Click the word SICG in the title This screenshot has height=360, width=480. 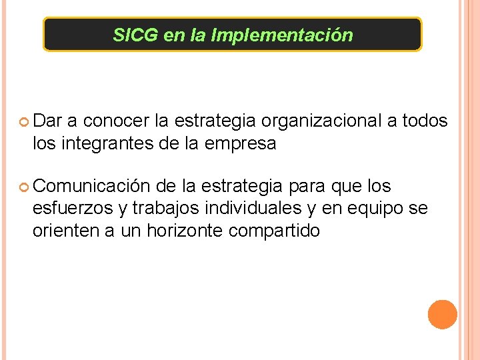136,35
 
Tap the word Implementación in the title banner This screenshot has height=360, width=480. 282,35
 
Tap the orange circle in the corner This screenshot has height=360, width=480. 442,315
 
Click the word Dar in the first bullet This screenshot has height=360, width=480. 47,121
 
